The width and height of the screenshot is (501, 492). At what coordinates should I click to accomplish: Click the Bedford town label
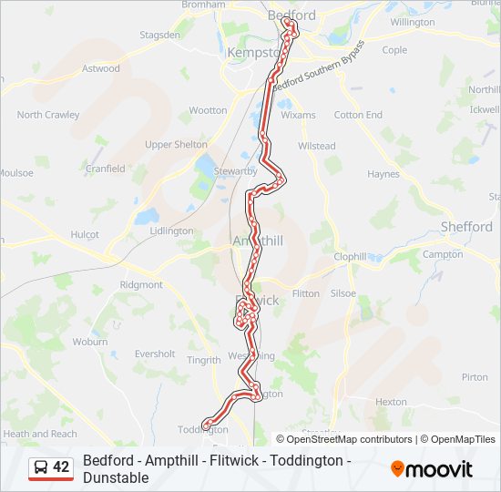click(x=292, y=15)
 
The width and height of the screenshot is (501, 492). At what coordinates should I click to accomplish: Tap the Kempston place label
click(x=250, y=53)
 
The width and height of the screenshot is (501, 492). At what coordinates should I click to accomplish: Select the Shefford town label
click(x=465, y=227)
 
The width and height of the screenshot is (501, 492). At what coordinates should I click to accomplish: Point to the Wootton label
click(x=209, y=110)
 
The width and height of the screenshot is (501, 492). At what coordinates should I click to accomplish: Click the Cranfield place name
click(x=106, y=169)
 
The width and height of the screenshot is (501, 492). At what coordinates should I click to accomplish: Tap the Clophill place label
click(x=350, y=257)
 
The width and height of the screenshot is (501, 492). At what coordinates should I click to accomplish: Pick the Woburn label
click(x=90, y=342)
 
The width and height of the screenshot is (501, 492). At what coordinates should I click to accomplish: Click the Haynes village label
click(x=383, y=174)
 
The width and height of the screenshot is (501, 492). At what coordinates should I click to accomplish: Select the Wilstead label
click(x=317, y=146)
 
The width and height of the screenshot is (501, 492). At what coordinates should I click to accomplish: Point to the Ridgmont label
click(x=141, y=285)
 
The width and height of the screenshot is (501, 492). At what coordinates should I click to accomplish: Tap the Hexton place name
click(x=391, y=401)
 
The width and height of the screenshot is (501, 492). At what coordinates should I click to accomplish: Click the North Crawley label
click(x=48, y=115)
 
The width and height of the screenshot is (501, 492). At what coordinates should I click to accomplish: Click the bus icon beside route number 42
click(x=41, y=468)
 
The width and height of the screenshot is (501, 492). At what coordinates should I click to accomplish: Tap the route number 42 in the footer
click(x=61, y=467)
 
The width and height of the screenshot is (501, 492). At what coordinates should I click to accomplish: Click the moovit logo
click(x=432, y=469)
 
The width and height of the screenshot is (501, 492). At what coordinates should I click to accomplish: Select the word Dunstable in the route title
click(x=116, y=477)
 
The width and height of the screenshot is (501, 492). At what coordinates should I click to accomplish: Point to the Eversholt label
click(x=155, y=354)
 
